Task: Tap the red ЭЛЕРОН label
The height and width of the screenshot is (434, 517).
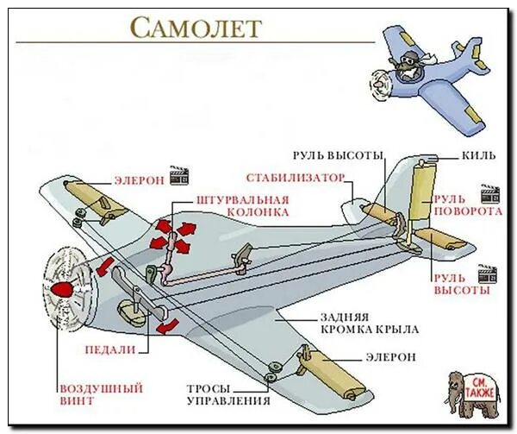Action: pos(139,180)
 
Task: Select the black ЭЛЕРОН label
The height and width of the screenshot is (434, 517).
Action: pos(390,355)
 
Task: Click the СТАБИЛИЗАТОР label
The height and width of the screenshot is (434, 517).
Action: pos(295,179)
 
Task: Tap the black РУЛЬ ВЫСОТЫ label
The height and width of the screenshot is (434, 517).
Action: pos(337,155)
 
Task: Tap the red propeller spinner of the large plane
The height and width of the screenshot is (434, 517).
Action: pos(62,287)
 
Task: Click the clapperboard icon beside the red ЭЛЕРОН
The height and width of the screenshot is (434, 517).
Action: pos(179,175)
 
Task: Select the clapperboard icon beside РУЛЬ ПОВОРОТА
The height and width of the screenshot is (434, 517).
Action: pos(489,192)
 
